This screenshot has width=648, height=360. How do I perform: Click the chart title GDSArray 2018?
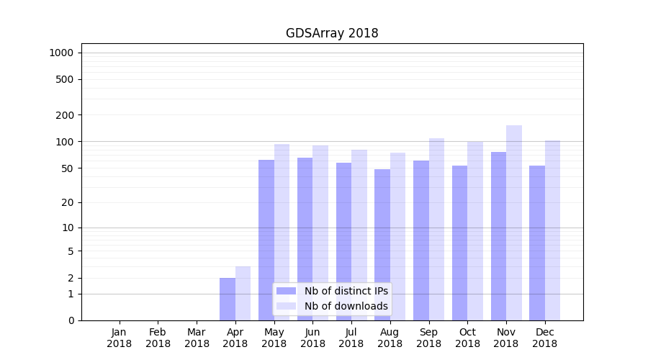click(332, 33)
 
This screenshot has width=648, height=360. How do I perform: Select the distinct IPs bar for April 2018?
click(228, 299)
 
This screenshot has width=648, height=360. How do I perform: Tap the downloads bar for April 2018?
click(243, 293)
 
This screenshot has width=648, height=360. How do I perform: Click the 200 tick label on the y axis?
click(66, 115)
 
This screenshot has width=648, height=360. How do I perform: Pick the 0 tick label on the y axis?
click(71, 320)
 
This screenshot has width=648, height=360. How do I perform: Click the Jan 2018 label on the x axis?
click(120, 338)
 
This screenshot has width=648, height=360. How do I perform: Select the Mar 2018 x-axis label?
click(197, 338)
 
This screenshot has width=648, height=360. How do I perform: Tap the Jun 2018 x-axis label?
click(312, 338)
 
